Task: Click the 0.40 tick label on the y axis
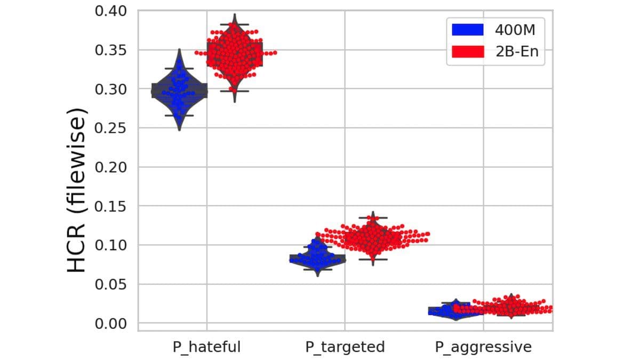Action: tap(111, 11)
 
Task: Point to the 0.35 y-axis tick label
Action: tap(111, 50)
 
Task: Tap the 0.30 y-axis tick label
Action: tap(111, 89)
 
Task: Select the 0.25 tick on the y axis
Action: tap(111, 128)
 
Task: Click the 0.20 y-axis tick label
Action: tap(111, 167)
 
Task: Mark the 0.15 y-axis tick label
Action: tap(111, 206)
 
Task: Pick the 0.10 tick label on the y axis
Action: tap(111, 245)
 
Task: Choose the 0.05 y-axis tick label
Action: tap(111, 284)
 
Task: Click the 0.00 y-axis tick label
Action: tap(111, 323)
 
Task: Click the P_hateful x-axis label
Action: tap(206, 347)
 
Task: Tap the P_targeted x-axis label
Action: tap(345, 347)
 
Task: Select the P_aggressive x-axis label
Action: tap(483, 347)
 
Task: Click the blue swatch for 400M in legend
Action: tap(468, 30)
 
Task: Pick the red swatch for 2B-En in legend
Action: tap(468, 52)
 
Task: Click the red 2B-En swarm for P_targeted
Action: tap(373, 236)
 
